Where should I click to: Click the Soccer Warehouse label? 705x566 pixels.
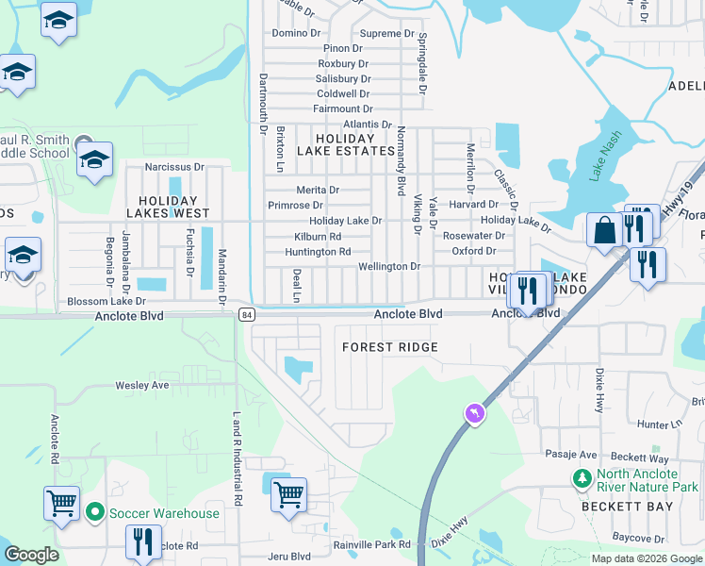[164, 514]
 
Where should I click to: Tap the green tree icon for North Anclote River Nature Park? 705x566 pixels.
[582, 479]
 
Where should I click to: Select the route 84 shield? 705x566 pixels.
[247, 314]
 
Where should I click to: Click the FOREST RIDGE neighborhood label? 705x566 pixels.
[389, 347]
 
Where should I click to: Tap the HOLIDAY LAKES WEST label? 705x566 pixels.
[168, 201]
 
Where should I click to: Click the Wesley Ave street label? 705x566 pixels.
[141, 385]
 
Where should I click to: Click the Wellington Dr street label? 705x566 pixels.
[388, 267]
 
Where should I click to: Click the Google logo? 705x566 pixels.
[31, 555]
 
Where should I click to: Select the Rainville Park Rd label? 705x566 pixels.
[371, 545]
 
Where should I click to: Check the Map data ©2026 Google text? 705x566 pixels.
[646, 558]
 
